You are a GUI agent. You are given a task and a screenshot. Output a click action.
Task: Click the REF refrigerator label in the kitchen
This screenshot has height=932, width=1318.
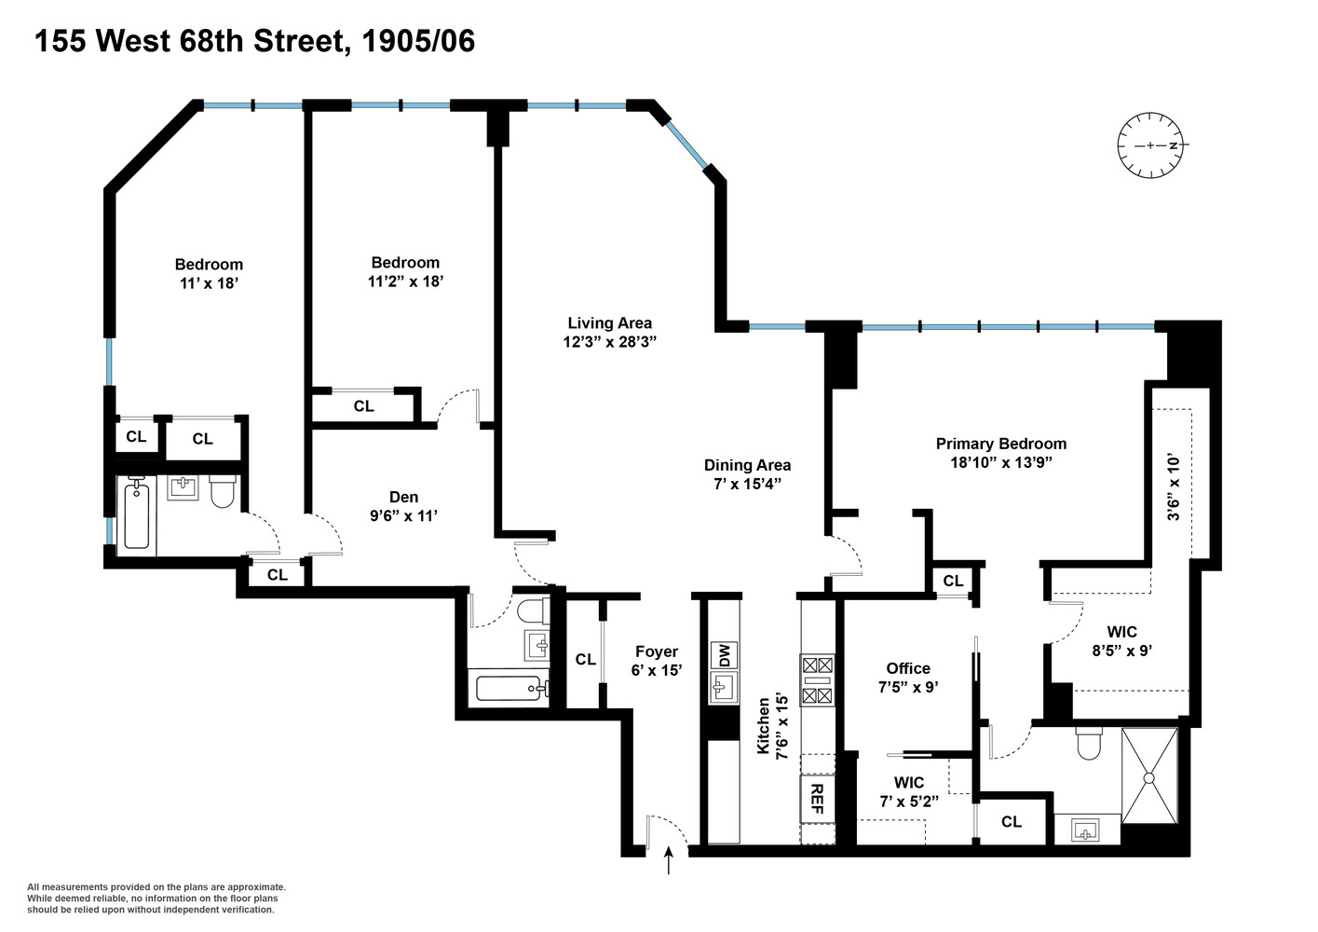click(816, 799)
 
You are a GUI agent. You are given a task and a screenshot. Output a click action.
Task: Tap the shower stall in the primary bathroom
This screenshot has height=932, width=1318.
click(1149, 776)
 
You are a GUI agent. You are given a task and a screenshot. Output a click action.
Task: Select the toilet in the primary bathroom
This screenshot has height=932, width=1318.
click(1089, 743)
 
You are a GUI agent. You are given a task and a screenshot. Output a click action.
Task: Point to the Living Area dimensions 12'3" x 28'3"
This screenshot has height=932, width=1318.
click(610, 342)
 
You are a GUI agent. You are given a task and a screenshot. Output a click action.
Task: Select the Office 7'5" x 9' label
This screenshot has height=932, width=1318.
click(908, 677)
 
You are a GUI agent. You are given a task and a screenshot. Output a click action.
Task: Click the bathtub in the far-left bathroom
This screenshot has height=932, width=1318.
click(137, 514)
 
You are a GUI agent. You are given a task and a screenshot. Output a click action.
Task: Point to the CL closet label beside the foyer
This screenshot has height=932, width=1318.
click(585, 660)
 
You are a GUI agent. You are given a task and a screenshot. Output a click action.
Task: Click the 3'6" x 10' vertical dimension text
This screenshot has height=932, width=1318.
click(1174, 487)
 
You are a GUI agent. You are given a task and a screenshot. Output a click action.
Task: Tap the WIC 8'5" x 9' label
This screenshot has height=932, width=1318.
click(1121, 641)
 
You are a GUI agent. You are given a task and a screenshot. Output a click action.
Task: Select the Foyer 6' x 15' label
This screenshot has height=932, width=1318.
click(657, 660)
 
